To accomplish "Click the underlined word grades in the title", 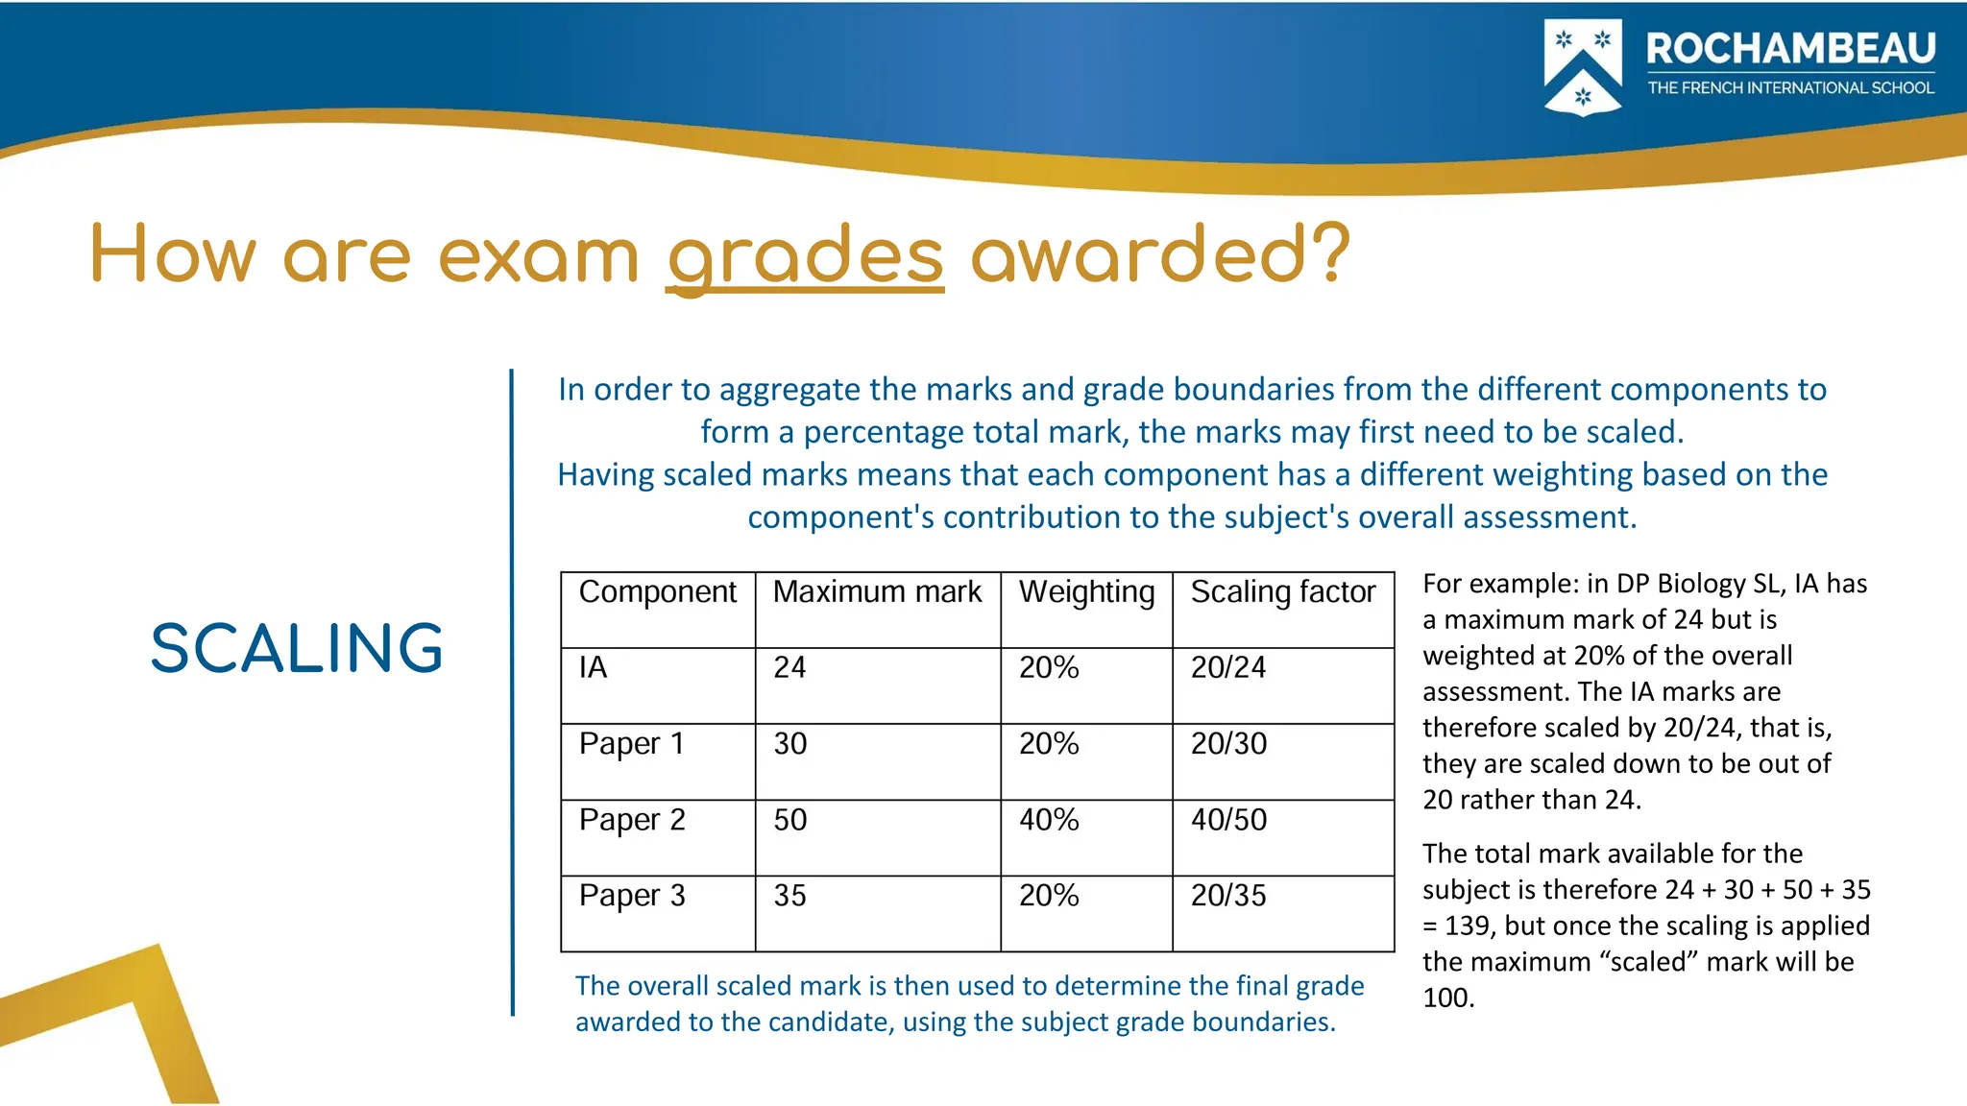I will pos(805,256).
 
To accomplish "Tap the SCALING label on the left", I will pos(297,648).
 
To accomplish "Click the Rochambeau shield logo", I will pos(1582,67).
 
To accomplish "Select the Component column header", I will pos(657,592).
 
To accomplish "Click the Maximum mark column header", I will pos(877,592).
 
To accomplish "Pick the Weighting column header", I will pos(1086,592).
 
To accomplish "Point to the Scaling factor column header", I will pos(1283,592).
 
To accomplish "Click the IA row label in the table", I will pos(594,667).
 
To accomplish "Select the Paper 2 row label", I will pos(632,820).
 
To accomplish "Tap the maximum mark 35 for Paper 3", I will pos(790,896).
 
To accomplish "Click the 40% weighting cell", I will pos(1049,820).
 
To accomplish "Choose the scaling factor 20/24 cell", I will pos(1228,667).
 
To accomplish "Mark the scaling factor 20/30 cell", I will pos(1228,744).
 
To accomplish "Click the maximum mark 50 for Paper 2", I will pos(790,820).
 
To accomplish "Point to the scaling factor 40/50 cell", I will pos(1228,820).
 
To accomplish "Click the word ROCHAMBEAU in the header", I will pos(1790,48).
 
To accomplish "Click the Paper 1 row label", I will pos(631,744).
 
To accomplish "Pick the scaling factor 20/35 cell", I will pos(1228,896).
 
